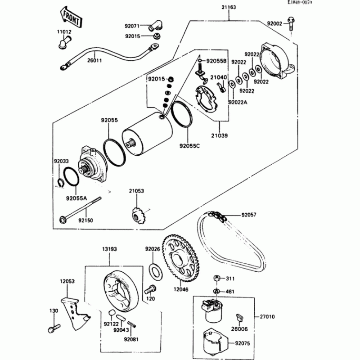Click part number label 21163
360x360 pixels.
(x=229, y=8)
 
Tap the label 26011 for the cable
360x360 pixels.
(x=94, y=59)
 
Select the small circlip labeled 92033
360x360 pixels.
(x=59, y=182)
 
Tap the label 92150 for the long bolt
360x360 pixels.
(x=86, y=220)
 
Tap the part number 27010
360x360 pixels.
(x=266, y=316)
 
